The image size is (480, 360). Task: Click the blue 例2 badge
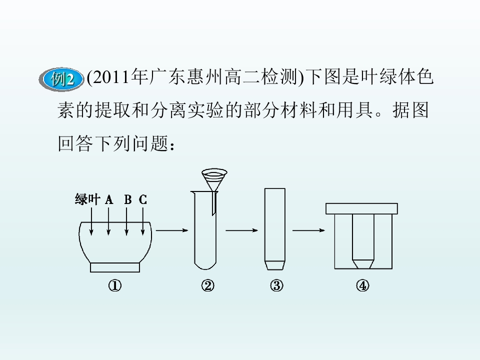coord(61,79)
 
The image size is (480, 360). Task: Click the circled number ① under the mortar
coord(115,286)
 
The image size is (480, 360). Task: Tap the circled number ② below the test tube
coord(208,286)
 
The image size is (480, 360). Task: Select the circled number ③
coord(276,286)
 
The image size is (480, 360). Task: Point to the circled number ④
coord(362,286)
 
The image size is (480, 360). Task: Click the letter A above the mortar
coord(109,200)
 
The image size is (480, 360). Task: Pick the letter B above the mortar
coord(127,200)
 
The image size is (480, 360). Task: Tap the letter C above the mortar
coord(143,200)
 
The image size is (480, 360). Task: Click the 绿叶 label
coord(87,199)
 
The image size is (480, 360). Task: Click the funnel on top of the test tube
coord(214,180)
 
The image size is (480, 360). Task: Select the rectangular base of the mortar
coord(115,267)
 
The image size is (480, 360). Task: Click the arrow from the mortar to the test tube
coord(172,230)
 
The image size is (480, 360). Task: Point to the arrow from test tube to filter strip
coord(242,230)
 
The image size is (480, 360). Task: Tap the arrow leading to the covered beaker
coord(308,230)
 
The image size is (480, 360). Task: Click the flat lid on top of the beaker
coord(361,208)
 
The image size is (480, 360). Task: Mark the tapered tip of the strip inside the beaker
coord(363,264)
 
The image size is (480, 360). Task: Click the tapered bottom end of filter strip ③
coord(275,265)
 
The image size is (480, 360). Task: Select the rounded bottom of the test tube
coord(205,265)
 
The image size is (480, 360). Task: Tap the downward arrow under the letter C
coord(143,221)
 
